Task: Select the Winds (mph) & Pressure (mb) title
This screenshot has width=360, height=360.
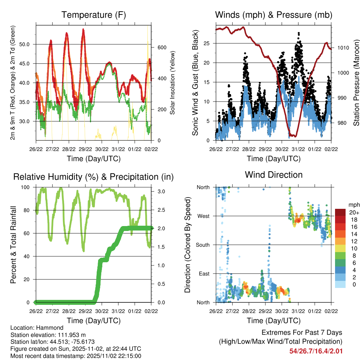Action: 274,15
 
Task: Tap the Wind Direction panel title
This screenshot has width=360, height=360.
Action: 274,175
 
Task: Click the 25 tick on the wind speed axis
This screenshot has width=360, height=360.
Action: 208,44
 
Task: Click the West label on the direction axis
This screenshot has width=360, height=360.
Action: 203,216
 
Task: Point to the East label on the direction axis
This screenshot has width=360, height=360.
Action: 204,274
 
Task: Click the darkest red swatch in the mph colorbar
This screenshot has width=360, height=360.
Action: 340,212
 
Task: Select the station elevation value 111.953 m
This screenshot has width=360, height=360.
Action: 70,334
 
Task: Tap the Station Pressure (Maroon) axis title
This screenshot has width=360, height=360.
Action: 356,82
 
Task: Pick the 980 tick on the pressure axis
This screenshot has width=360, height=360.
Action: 342,123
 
